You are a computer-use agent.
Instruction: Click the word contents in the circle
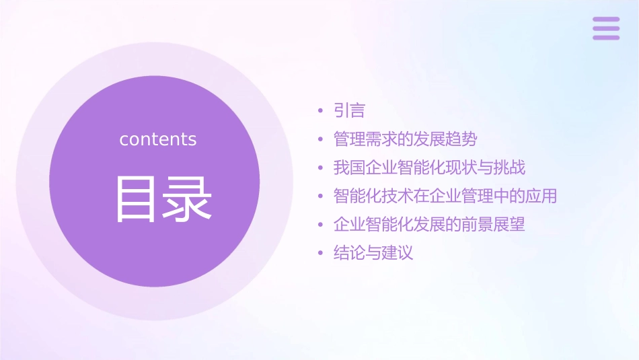coord(158,139)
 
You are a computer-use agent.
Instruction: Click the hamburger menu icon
coord(606,28)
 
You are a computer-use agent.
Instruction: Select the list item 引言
coord(349,110)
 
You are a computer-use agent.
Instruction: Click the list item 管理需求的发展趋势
coord(405,139)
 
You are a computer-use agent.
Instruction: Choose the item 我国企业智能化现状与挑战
coord(429,168)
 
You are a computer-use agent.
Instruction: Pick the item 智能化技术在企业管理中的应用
coord(445,196)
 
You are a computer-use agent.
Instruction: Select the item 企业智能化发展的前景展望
coord(429,225)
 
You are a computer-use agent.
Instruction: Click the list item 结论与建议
coord(373,253)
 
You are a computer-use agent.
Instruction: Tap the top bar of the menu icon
coord(606,20)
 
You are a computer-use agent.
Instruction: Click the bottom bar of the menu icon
coord(606,37)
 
